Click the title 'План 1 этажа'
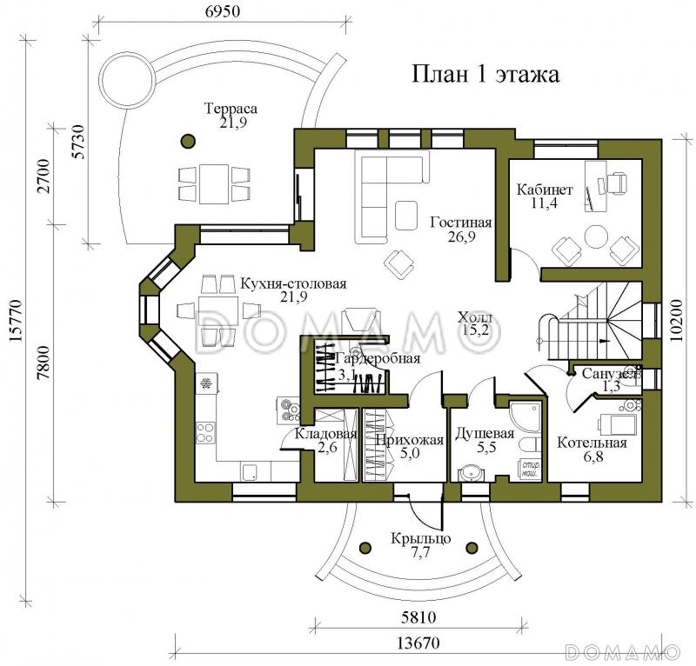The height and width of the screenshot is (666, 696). [x=485, y=75]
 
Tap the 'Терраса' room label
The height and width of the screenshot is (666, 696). [x=231, y=109]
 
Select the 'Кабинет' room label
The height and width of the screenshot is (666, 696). [x=544, y=190]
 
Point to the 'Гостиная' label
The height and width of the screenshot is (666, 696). [x=461, y=223]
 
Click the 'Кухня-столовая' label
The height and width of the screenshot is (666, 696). [x=283, y=284]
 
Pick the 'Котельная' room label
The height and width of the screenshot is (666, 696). [x=592, y=443]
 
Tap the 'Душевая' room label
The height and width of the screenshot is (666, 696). [x=485, y=434]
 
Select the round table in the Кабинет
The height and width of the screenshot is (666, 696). [x=597, y=237]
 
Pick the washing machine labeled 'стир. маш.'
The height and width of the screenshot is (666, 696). [x=530, y=470]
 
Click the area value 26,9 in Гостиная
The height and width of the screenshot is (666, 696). [x=461, y=237]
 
